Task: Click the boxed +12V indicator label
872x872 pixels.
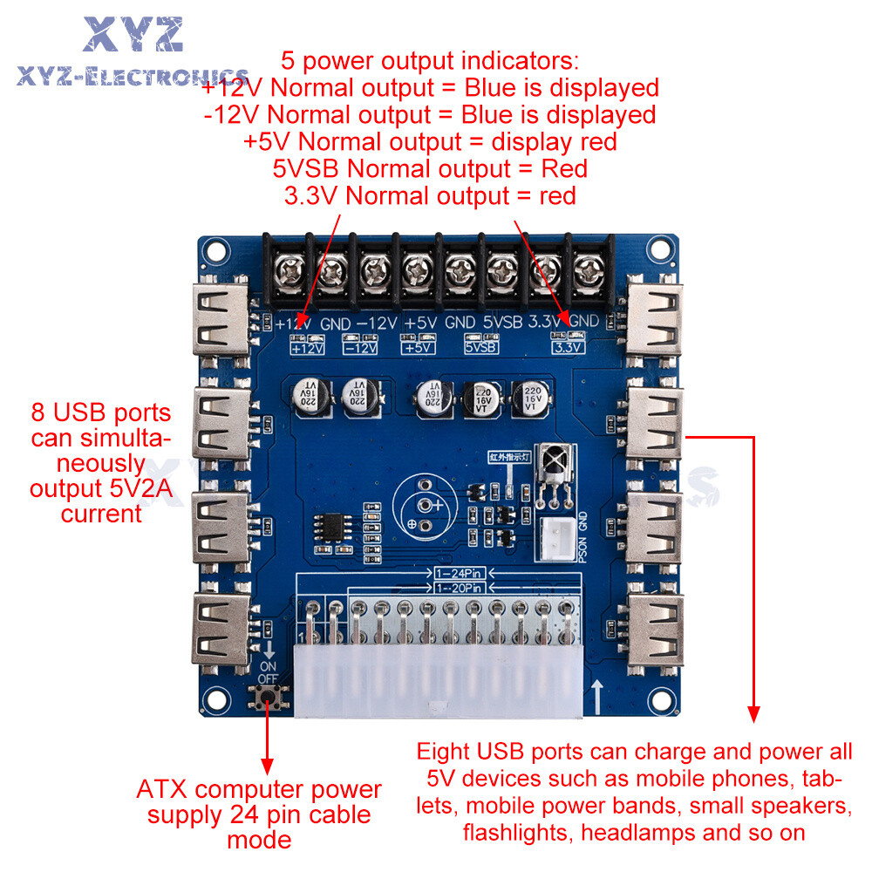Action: click(307, 348)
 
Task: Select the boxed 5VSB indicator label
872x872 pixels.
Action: click(480, 348)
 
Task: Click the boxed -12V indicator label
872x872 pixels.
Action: click(360, 348)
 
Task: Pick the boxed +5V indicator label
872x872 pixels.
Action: click(419, 348)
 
